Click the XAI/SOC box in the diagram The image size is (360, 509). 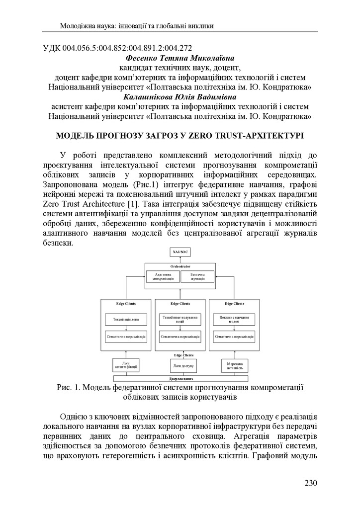tap(180, 253)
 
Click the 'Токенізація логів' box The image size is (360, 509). tap(126, 319)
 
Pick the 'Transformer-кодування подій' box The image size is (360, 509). tap(180, 319)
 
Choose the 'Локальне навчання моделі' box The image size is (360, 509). tap(234, 319)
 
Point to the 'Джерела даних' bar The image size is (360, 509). tap(180, 379)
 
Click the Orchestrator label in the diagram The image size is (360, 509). tap(180, 266)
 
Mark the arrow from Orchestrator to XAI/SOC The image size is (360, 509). tap(180, 259)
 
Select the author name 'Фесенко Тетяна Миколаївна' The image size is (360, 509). tap(180, 59)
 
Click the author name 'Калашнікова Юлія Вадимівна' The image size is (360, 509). tap(180, 97)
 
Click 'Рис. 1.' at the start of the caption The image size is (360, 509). tap(69, 388)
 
